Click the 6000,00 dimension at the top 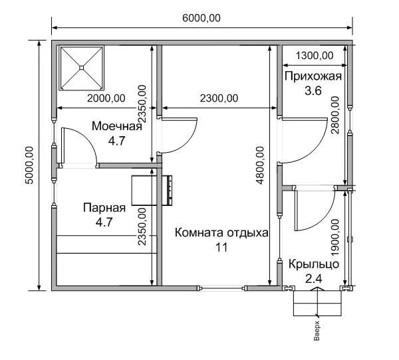click(x=201, y=18)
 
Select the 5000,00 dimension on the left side click(x=29, y=165)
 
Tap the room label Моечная click(x=117, y=126)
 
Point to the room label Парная click(x=104, y=208)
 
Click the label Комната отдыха click(x=221, y=232)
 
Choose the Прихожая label click(x=313, y=76)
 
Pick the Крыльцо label click(x=313, y=264)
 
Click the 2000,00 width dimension click(x=106, y=98)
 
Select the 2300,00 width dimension click(x=219, y=98)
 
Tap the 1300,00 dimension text click(x=315, y=55)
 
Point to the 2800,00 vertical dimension click(x=335, y=115)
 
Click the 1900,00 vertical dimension click(x=335, y=238)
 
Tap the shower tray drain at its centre click(x=81, y=68)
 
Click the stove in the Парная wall click(x=152, y=191)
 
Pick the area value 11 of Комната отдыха click(x=221, y=247)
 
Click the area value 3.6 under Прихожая click(x=313, y=91)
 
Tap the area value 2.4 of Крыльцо click(x=313, y=279)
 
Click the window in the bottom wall click(x=221, y=288)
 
